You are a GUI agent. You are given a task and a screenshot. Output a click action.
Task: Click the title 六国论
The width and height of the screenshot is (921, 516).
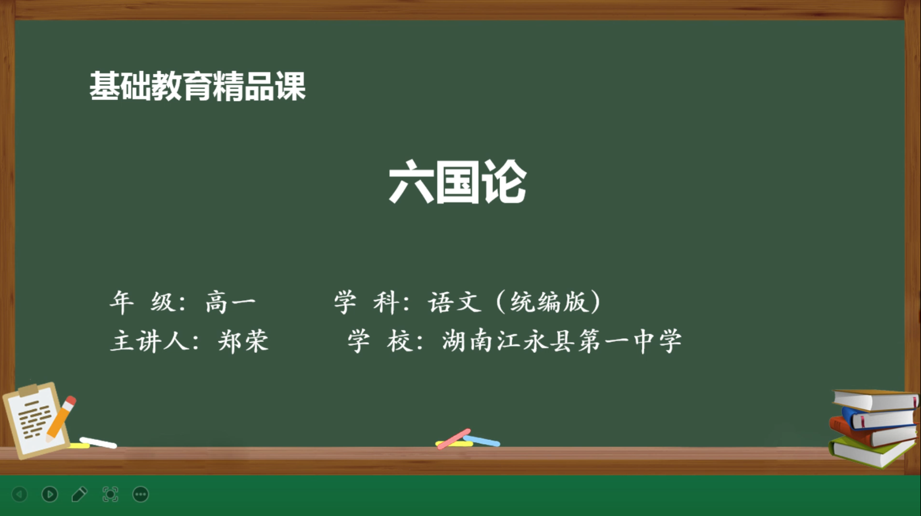tap(458, 182)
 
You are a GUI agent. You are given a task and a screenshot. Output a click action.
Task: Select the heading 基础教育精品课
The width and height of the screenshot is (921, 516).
tap(198, 86)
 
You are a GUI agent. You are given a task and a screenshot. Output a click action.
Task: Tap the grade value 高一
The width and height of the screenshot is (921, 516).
tap(231, 302)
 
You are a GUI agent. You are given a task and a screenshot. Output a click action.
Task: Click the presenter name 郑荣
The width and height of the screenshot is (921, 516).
tap(243, 341)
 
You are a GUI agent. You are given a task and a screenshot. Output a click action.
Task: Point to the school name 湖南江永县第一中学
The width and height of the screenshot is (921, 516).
tap(562, 341)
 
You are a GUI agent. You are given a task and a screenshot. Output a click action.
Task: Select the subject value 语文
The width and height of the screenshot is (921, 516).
tap(455, 302)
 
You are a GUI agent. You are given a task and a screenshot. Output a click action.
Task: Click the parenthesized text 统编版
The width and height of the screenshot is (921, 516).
tap(549, 302)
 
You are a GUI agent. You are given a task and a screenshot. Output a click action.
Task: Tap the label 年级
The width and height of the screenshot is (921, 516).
tap(142, 302)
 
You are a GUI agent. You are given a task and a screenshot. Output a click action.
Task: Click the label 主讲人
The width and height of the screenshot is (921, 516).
tap(150, 341)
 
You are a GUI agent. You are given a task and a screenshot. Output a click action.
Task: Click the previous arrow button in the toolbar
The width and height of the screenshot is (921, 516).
tap(19, 494)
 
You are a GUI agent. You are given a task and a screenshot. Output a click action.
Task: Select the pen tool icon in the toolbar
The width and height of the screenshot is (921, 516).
tap(79, 494)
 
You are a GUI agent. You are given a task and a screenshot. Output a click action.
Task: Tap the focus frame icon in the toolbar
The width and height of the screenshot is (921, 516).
tap(110, 494)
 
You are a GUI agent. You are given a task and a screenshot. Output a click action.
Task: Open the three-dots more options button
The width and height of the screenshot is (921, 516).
tap(141, 494)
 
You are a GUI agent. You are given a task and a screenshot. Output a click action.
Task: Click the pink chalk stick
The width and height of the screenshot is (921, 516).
tap(453, 439)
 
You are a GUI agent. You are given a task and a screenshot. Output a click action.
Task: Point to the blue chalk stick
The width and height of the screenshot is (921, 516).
tap(481, 441)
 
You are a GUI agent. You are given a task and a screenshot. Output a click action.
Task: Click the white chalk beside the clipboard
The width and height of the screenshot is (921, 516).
tap(98, 443)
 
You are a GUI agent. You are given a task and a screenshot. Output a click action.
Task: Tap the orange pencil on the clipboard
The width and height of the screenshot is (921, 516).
tap(61, 418)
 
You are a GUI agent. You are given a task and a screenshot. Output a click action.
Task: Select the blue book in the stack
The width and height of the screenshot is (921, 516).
tap(878, 418)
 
